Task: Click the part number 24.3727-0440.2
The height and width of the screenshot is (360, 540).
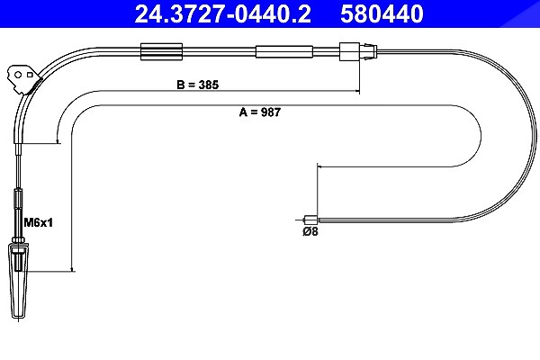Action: [223, 13]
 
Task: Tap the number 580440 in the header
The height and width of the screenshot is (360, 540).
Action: [382, 13]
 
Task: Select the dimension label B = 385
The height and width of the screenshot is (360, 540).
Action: [198, 85]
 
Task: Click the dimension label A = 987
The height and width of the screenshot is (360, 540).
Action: [260, 112]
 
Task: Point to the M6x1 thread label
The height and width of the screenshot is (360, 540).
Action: [38, 222]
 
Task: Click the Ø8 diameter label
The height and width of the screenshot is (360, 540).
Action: [310, 231]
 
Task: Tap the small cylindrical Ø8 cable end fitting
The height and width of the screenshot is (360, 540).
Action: [311, 220]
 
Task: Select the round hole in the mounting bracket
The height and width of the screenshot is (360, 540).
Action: [18, 75]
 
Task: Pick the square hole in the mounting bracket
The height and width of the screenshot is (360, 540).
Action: [30, 75]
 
